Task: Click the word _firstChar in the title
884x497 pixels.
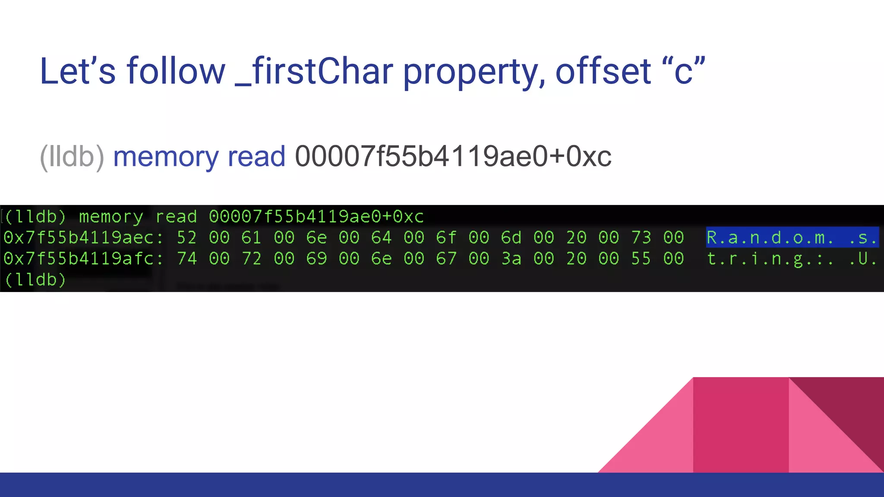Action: [314, 71]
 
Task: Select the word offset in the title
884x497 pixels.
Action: [603, 71]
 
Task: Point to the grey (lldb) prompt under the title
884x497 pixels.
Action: [72, 156]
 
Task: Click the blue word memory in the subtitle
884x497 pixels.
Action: [166, 156]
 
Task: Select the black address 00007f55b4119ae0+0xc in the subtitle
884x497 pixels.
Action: [453, 156]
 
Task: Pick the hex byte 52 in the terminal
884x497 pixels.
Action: [186, 238]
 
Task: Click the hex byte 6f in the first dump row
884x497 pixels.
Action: [446, 238]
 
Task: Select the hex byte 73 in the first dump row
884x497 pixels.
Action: [641, 238]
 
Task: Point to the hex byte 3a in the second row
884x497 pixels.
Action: [511, 259]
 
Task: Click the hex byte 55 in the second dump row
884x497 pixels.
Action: [641, 259]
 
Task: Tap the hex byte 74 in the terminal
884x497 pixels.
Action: [186, 259]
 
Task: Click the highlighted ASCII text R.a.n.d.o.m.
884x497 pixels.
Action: [770, 238]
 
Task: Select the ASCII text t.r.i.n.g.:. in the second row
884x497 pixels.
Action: [770, 259]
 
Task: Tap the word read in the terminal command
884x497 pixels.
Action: [176, 217]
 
